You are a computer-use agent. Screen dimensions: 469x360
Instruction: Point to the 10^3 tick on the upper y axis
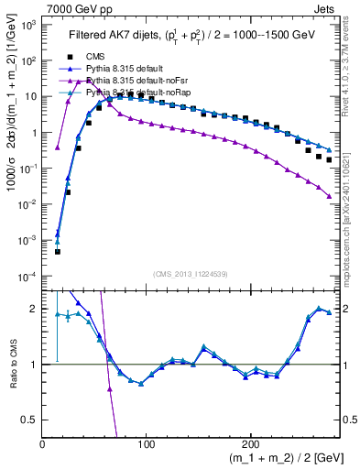tap(27, 25)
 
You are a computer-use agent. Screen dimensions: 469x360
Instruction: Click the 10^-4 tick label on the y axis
tap(27, 277)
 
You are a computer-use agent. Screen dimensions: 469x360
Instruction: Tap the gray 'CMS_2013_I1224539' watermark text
tap(190, 274)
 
